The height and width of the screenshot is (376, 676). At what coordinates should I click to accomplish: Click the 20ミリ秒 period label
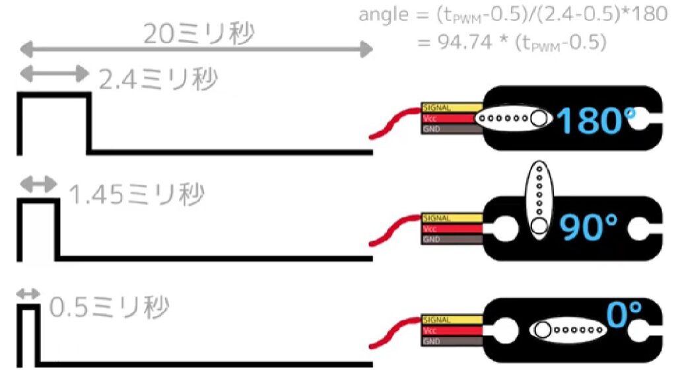click(x=199, y=33)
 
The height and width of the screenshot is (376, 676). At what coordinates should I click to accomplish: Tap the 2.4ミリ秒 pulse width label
click(x=157, y=80)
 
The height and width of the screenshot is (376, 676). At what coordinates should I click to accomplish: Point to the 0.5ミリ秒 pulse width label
click(x=110, y=307)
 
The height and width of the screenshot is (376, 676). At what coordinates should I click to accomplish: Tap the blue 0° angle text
click(x=624, y=315)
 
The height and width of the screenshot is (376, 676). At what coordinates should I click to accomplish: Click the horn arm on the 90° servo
click(x=539, y=198)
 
